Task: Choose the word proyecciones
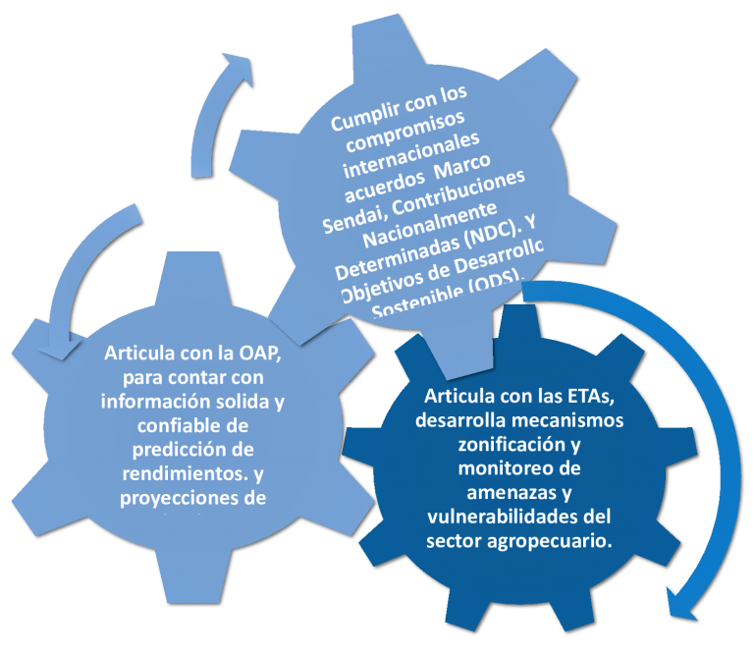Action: click(180, 497)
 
